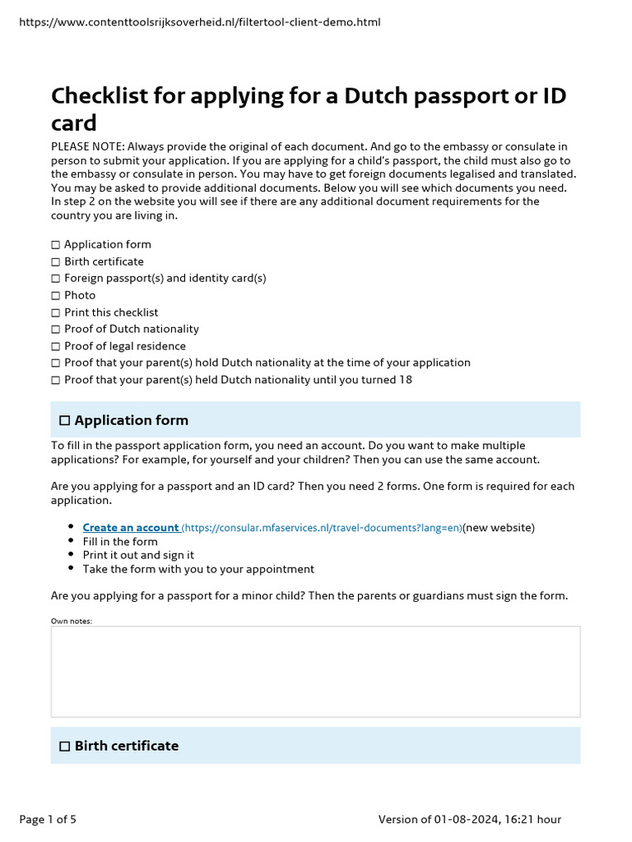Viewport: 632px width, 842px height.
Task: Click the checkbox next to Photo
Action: click(x=56, y=295)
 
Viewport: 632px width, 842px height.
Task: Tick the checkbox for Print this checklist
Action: click(x=56, y=312)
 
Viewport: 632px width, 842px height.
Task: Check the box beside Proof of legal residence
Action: click(x=56, y=346)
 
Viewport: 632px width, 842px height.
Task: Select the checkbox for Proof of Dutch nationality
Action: click(x=56, y=329)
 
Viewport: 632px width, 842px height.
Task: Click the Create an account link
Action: click(x=131, y=527)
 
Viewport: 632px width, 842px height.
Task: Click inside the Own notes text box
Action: click(x=315, y=671)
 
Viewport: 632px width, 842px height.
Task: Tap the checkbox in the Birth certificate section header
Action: click(x=64, y=746)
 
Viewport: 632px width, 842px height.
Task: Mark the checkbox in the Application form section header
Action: click(x=64, y=420)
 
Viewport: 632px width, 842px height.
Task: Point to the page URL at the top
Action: click(x=199, y=22)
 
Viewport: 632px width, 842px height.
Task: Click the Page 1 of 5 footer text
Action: click(x=48, y=819)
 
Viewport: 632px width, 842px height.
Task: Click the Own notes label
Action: click(x=72, y=621)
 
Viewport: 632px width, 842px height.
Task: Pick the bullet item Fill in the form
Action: click(x=120, y=541)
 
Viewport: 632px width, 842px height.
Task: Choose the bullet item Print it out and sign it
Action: click(x=138, y=555)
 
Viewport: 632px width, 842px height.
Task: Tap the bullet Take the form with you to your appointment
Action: click(x=198, y=569)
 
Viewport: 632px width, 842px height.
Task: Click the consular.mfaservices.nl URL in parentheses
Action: click(x=322, y=527)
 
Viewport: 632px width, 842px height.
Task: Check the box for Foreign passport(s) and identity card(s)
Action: click(x=56, y=279)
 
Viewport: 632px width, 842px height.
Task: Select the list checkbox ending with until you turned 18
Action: click(x=56, y=380)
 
